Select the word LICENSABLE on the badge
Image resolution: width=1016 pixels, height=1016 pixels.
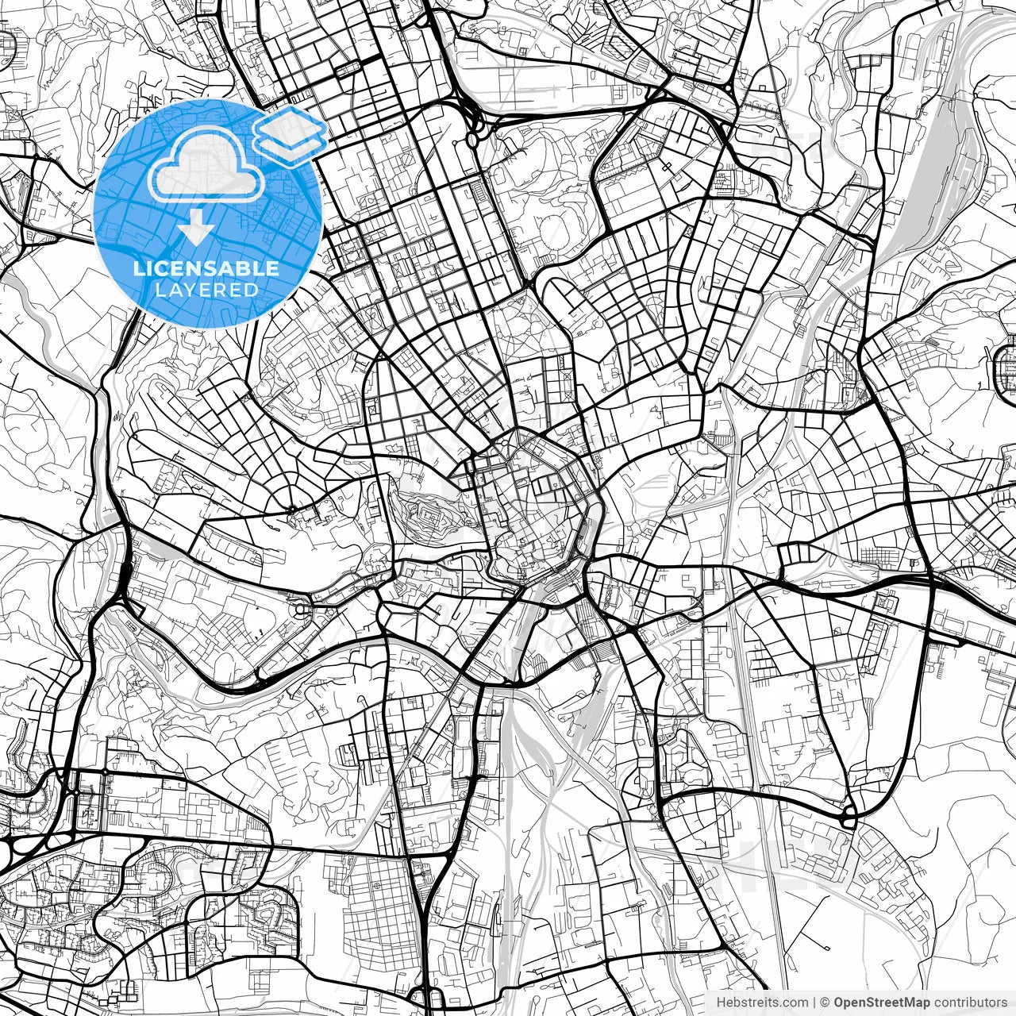pyautogui.click(x=206, y=268)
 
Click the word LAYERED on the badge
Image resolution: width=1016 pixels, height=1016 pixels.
pyautogui.click(x=206, y=291)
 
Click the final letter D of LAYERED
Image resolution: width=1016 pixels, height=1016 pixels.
pyautogui.click(x=252, y=291)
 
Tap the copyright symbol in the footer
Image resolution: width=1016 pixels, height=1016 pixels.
pyautogui.click(x=825, y=1003)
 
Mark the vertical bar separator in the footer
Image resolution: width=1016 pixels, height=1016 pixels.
pyautogui.click(x=815, y=1003)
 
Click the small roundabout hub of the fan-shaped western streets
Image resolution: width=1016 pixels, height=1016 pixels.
pyautogui.click(x=292, y=508)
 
